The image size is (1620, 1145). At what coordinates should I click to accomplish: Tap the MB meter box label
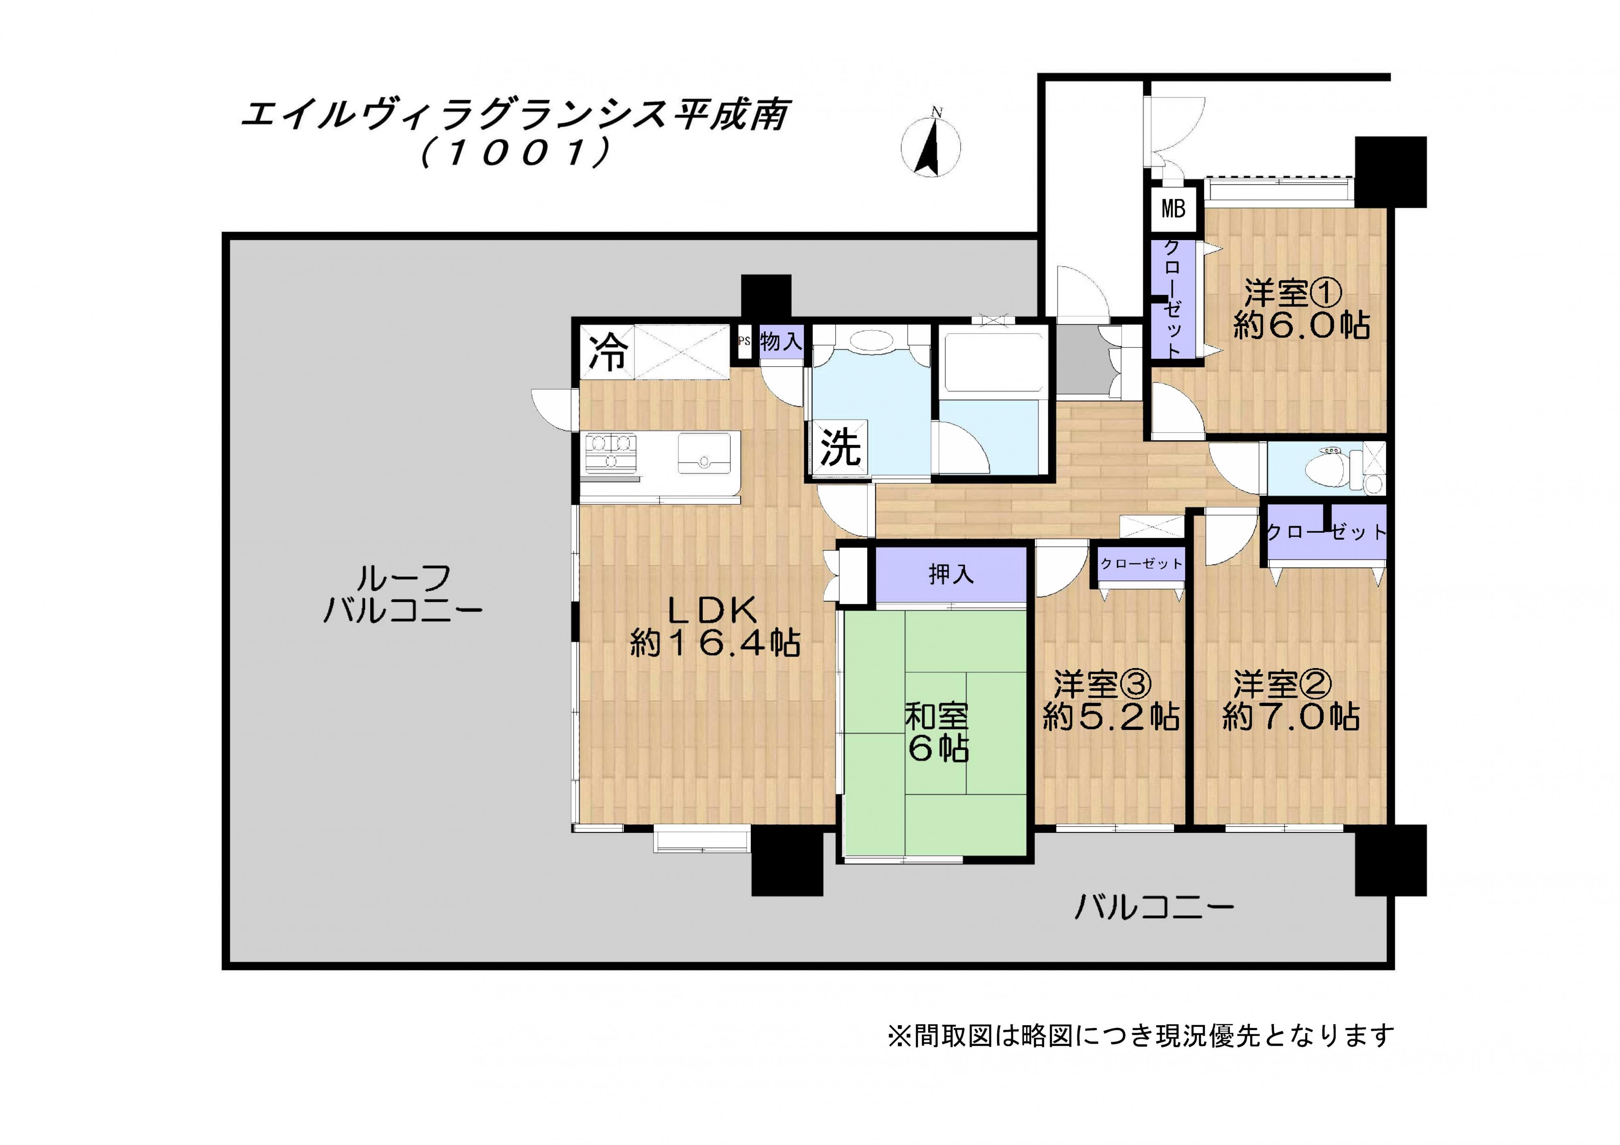pyautogui.click(x=1173, y=209)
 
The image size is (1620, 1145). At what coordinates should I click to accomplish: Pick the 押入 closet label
pyautogui.click(x=951, y=574)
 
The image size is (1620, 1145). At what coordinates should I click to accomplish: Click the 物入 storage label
pyautogui.click(x=781, y=342)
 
